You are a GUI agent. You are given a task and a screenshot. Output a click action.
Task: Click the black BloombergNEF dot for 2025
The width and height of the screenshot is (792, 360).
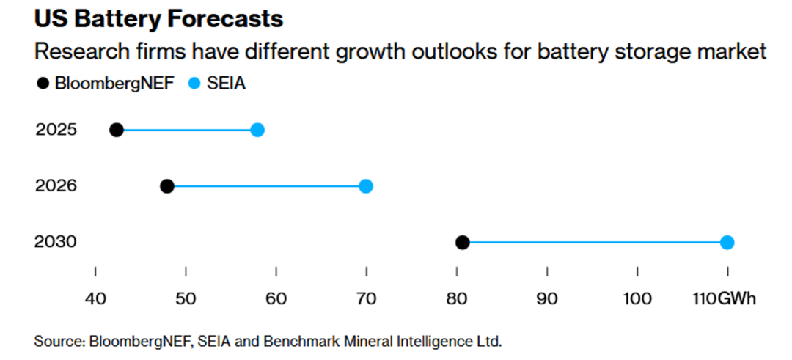point(116,130)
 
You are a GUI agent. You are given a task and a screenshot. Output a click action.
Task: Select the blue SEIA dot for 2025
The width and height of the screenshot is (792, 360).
point(257,130)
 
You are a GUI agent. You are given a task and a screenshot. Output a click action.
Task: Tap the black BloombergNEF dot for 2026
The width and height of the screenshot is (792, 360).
point(167,186)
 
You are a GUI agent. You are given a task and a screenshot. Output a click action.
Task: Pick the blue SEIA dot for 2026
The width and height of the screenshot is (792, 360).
point(366,186)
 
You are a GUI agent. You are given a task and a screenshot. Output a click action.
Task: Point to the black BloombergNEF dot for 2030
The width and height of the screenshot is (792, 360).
point(463,243)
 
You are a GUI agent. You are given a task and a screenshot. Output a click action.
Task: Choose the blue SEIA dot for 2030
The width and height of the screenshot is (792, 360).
point(727,243)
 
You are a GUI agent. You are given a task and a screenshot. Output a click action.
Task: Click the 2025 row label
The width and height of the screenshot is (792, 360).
point(56,130)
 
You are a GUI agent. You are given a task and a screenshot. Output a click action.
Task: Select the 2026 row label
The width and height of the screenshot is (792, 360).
point(56,186)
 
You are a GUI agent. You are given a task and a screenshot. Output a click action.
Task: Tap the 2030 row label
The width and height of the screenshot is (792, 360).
point(56,243)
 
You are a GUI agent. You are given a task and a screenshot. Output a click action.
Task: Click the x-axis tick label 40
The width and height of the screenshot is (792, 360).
point(95,298)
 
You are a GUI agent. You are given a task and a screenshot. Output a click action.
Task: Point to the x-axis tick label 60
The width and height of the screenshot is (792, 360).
point(276,298)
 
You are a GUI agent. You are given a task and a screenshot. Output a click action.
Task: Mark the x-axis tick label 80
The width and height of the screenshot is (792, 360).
point(457,298)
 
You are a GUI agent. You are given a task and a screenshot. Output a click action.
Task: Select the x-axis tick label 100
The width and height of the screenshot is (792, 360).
point(637,298)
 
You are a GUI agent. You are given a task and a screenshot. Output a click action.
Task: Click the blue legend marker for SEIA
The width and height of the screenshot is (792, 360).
point(194,84)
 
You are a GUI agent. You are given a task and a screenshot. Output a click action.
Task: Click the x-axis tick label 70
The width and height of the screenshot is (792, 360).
point(366,298)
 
